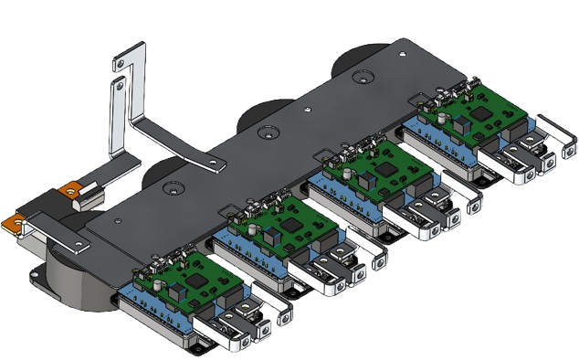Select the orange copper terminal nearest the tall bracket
click(70, 193)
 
